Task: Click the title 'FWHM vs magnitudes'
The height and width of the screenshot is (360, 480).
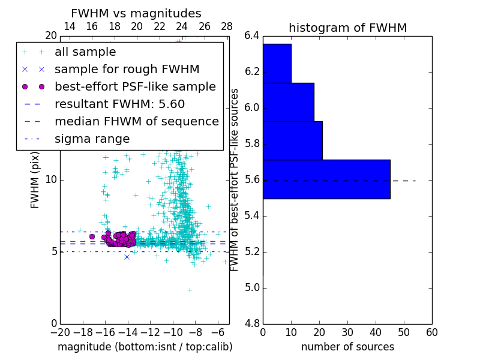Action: [x=136, y=13]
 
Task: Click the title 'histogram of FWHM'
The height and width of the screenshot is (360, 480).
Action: [x=347, y=28]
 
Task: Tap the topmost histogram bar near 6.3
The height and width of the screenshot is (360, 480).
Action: [x=277, y=63]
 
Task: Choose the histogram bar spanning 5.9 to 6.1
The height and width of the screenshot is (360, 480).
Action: [x=288, y=102]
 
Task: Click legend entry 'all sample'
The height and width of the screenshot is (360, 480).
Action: [x=85, y=52]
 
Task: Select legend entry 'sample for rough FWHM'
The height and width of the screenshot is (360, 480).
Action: [x=127, y=69]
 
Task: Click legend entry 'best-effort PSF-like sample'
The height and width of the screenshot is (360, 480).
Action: [x=135, y=86]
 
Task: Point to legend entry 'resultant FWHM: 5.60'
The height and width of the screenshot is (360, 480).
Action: [x=119, y=104]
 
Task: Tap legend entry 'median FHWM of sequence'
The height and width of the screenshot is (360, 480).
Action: [x=136, y=121]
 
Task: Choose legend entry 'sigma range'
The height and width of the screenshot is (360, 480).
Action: [x=92, y=139]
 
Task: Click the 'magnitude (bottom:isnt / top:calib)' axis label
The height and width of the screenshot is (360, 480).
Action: [x=145, y=347]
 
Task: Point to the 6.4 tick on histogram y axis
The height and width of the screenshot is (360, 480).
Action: [x=251, y=36]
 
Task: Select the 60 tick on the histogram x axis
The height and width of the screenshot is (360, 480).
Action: [x=431, y=332]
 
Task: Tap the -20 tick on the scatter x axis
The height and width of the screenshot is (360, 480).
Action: [x=60, y=332]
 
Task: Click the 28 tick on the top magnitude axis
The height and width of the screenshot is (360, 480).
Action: [x=227, y=26]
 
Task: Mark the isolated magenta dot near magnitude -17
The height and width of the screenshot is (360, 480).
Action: [x=92, y=236]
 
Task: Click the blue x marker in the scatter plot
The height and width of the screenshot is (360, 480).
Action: [x=127, y=257]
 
